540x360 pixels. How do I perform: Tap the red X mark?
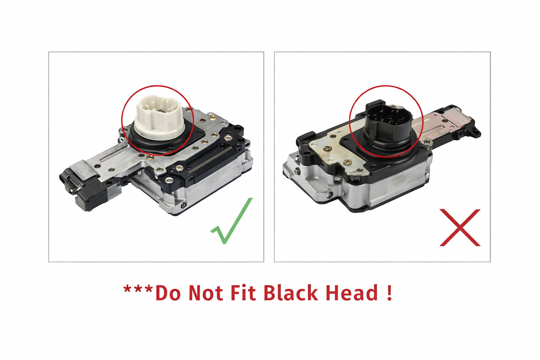tap(460, 227)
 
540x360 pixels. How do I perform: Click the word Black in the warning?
tap(291, 292)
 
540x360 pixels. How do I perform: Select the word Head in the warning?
tap(352, 292)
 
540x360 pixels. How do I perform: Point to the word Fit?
tap(243, 292)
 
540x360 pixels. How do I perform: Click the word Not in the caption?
tap(205, 292)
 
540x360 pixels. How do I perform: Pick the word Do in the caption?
tap(168, 293)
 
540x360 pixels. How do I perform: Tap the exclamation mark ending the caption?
tap(389, 292)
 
